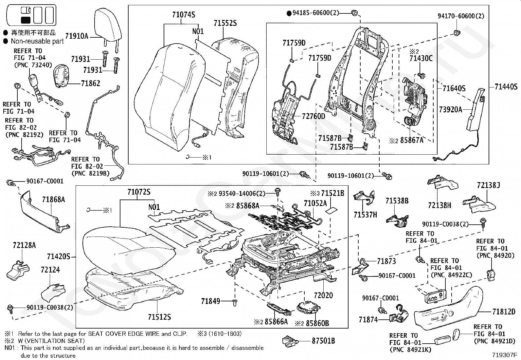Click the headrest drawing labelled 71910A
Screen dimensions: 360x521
106,25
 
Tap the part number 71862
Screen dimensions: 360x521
90,84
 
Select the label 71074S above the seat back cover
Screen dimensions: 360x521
184,15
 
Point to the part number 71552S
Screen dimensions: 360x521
225,23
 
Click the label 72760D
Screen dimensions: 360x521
313,116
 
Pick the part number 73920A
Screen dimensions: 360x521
450,110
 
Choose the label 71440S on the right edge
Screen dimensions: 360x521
506,87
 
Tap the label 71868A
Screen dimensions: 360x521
53,199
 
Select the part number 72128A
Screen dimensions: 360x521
24,245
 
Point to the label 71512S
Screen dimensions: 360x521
159,317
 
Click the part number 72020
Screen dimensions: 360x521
323,295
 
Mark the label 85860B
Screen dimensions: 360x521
317,323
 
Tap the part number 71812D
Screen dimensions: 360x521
504,312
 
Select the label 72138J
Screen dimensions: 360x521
488,185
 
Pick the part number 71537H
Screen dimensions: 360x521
365,215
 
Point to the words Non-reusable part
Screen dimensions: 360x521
37,41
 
